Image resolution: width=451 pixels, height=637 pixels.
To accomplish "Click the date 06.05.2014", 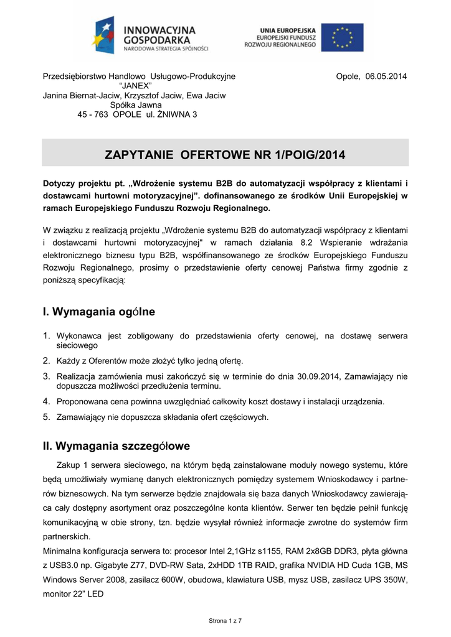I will (386, 77).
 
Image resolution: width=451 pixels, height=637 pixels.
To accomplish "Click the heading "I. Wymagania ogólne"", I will (99, 311).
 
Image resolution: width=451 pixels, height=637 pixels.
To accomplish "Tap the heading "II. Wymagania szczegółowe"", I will (116, 446).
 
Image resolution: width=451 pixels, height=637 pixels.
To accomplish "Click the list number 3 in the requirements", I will (46, 376).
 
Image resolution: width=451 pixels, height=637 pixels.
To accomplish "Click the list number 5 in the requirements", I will (46, 417).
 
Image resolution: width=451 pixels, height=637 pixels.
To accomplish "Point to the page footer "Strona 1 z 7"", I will (225, 621).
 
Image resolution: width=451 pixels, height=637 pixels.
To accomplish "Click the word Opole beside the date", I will (348, 77).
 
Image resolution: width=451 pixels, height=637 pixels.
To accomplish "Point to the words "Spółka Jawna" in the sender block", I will (136, 105).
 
